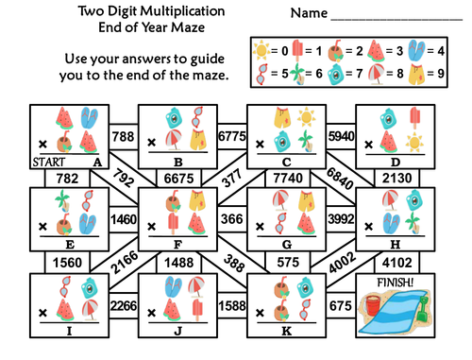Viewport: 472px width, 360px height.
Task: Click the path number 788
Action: click(123, 138)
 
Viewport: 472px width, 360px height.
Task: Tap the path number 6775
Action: click(231, 138)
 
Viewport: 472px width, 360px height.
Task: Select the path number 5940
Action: click(341, 138)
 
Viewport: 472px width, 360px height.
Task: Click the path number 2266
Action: click(123, 305)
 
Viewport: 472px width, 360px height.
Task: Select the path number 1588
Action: click(231, 305)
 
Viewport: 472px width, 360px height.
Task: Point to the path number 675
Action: click(341, 305)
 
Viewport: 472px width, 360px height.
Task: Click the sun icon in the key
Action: click(261, 48)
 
